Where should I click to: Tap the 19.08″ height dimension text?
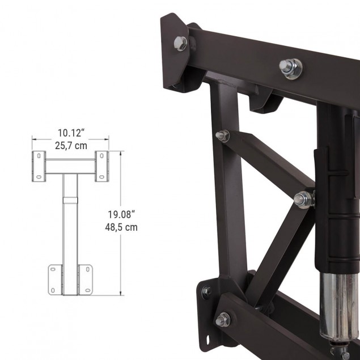(122, 215)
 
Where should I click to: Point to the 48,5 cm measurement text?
(122, 227)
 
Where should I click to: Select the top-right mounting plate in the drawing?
(101, 167)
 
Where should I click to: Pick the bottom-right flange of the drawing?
(85, 279)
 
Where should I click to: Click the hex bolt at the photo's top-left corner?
(181, 42)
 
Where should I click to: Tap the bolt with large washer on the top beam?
(290, 67)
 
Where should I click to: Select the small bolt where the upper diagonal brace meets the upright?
(223, 135)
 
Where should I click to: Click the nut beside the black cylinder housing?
(303, 199)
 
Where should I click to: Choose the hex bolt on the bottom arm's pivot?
(223, 319)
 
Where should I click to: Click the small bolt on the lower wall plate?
(206, 291)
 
